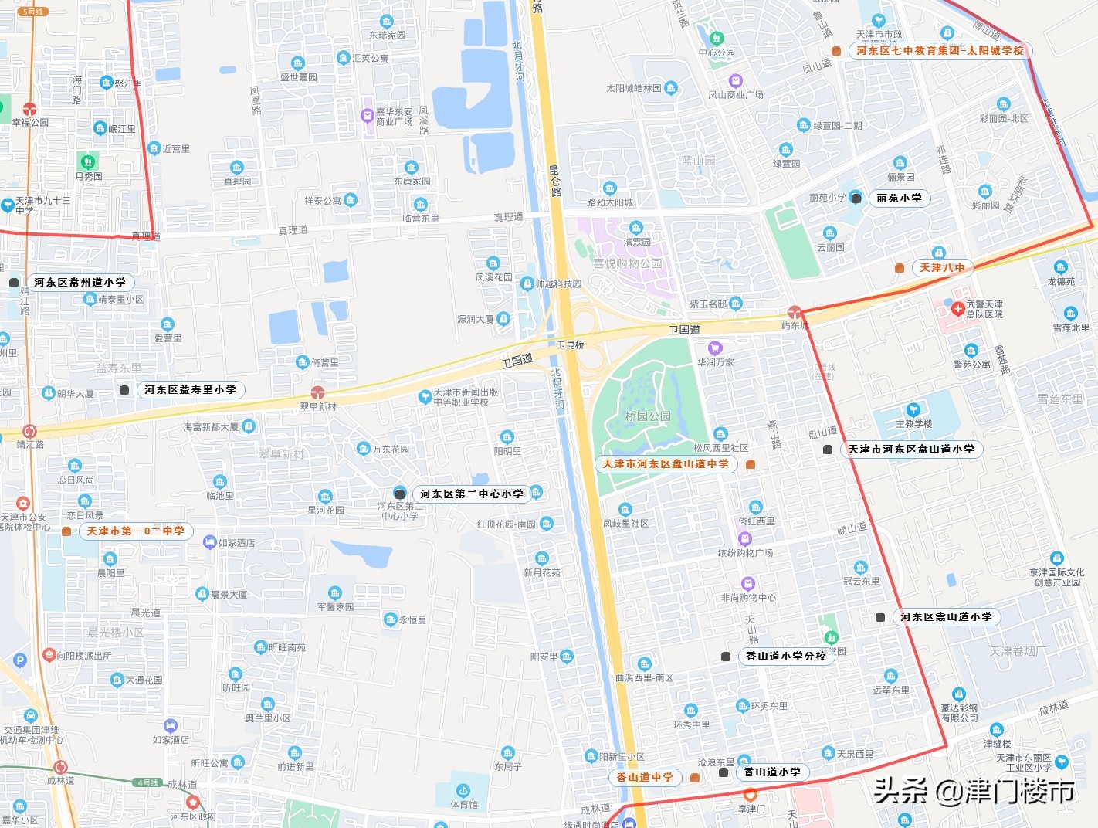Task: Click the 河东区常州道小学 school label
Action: click(80, 283)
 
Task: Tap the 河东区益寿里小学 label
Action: click(190, 390)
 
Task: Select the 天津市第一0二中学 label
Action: click(135, 531)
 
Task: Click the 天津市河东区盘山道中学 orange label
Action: click(665, 464)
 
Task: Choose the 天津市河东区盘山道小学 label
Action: click(910, 450)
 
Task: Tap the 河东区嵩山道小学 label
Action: click(946, 617)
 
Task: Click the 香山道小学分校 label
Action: click(785, 657)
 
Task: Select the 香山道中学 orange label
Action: click(645, 778)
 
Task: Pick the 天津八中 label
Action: click(941, 268)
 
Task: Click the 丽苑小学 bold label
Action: click(899, 199)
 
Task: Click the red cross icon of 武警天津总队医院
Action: click(957, 309)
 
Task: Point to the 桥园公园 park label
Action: click(648, 416)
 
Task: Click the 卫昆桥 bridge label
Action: click(571, 345)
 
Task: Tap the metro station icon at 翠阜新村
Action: click(317, 392)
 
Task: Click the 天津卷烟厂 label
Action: click(1018, 652)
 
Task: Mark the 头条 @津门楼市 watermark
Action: click(974, 791)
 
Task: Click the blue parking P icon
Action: click(20, 660)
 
